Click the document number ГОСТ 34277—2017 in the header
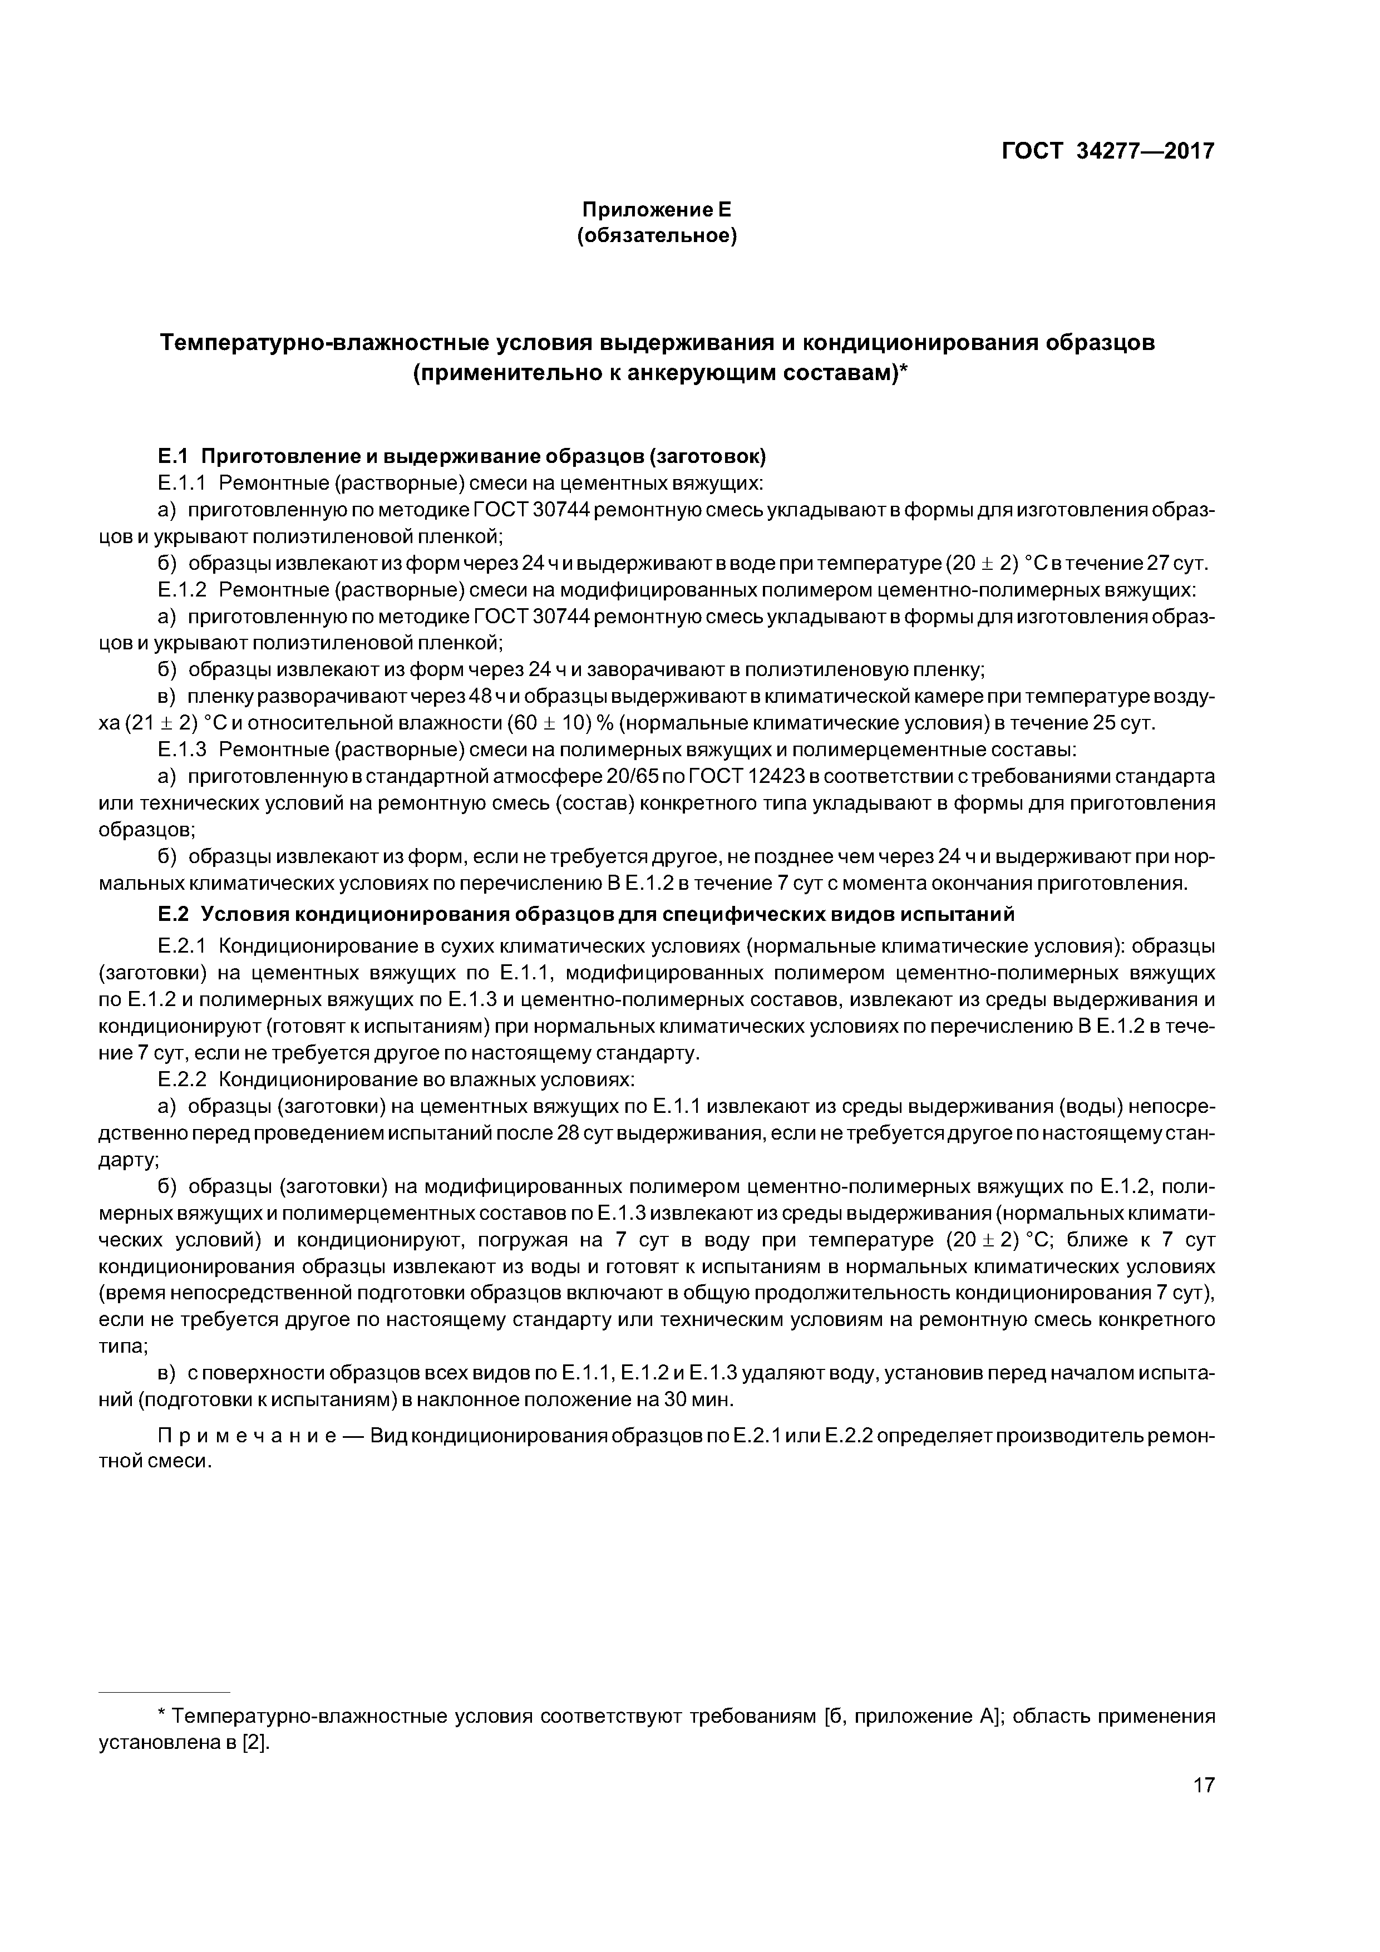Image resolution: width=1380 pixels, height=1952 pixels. tap(1107, 151)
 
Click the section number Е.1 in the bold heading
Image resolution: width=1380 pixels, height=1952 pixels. tap(172, 456)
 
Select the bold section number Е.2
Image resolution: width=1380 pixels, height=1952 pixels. tap(172, 914)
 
